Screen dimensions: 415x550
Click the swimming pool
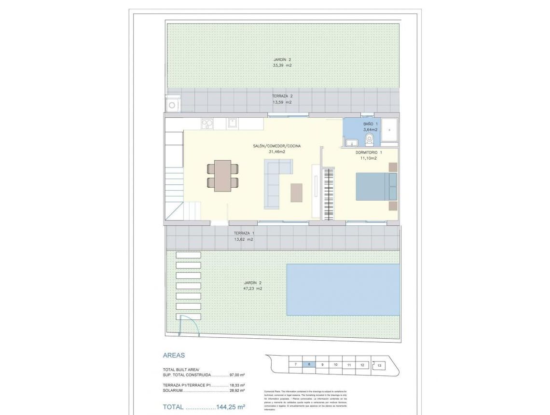[343, 289]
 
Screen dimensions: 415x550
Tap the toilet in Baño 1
[370, 139]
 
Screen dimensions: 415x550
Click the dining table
[222, 176]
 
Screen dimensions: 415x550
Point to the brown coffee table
[296, 193]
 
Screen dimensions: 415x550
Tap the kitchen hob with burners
[207, 124]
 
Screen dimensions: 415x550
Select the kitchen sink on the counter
[232, 123]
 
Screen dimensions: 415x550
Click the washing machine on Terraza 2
[172, 104]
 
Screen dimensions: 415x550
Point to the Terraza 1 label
[244, 233]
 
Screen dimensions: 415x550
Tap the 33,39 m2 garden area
[282, 66]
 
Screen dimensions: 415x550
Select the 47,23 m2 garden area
[253, 289]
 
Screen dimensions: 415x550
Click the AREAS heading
[174, 355]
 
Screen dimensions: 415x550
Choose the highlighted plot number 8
[309, 364]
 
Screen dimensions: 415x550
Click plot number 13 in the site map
[380, 366]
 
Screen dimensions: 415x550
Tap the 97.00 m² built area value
[237, 374]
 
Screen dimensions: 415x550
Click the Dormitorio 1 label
[369, 152]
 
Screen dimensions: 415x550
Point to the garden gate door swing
[191, 323]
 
